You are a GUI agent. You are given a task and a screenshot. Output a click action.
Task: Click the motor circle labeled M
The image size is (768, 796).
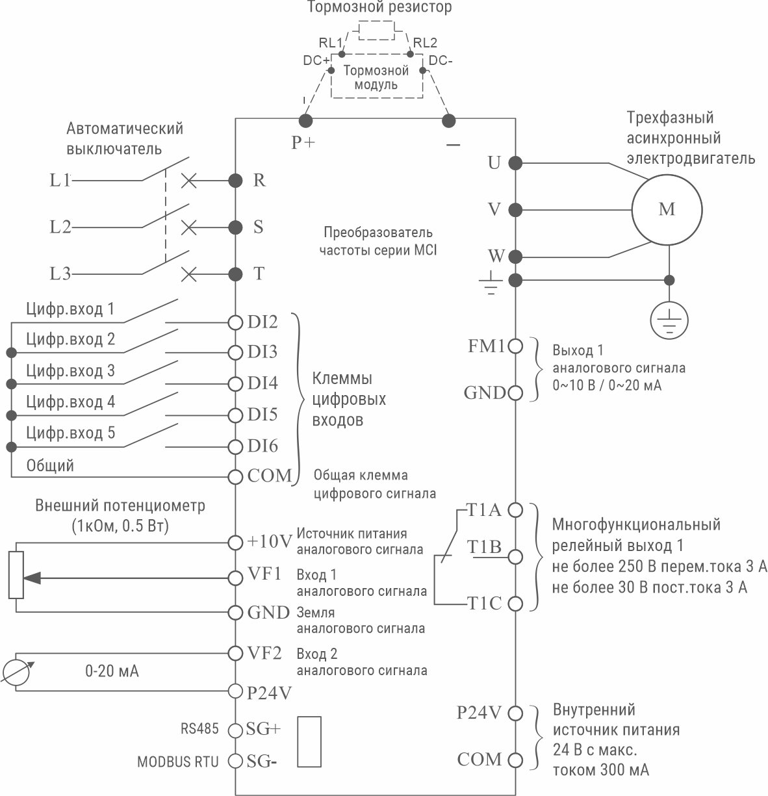[x=667, y=209]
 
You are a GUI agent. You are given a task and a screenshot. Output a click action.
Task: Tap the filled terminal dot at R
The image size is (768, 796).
[x=235, y=180]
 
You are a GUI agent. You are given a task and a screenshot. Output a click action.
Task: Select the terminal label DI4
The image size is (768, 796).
[x=262, y=383]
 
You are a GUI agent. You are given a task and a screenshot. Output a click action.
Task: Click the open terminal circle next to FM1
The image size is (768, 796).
[x=515, y=346]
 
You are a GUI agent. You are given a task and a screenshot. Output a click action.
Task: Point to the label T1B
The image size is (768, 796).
[x=485, y=548]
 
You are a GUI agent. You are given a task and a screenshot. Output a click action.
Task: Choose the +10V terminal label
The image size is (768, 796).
[x=270, y=541]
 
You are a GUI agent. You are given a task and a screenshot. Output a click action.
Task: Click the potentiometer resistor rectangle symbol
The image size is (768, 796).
[x=16, y=574]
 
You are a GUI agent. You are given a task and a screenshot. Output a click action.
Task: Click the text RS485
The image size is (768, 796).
[x=200, y=728]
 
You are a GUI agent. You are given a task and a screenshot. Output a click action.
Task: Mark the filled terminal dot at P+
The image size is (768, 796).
[x=303, y=120]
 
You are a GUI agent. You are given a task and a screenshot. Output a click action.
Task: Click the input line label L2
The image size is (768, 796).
[x=60, y=227]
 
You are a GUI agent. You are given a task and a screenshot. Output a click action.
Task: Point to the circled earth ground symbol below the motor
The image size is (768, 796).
[x=669, y=320]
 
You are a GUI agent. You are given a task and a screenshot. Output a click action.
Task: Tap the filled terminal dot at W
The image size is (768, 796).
[x=515, y=255]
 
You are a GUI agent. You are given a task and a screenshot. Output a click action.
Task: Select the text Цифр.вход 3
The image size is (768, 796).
[x=70, y=371]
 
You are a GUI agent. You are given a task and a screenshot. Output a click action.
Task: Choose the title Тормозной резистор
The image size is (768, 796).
[x=379, y=8]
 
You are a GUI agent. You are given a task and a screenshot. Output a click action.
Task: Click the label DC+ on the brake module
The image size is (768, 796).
[x=316, y=60]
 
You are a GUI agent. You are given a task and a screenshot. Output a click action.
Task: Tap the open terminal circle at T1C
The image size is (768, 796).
[x=515, y=604]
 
